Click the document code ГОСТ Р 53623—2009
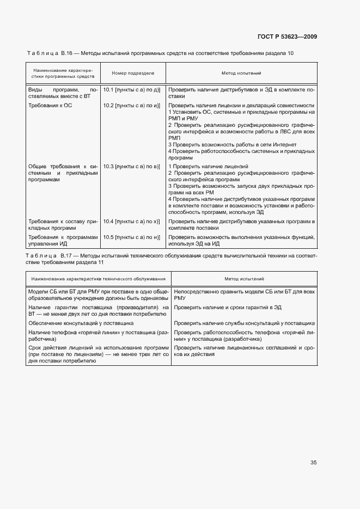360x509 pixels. pos(287,37)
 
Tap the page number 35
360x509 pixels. pos(313,463)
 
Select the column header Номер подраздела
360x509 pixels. pos(133,73)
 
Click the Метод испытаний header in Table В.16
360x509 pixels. pos(241,73)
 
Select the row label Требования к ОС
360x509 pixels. pos(50,105)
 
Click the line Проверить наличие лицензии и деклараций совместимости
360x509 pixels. pos(241,105)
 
